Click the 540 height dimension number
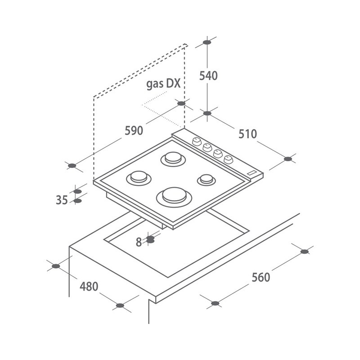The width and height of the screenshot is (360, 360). (208, 76)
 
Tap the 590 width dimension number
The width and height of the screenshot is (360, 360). (134, 130)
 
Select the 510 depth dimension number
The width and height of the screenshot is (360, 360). (247, 134)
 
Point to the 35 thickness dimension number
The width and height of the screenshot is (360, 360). (62, 200)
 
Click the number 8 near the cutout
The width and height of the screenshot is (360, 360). (139, 242)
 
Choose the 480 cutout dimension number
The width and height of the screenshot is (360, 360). (89, 286)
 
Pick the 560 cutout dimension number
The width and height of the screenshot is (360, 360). (261, 277)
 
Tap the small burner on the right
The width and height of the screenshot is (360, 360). (207, 180)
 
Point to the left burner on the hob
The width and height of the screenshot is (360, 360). (138, 177)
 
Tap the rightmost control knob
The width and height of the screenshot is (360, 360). (229, 158)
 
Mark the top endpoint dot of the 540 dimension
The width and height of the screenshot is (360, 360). (207, 42)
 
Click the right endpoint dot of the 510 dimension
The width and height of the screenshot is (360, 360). (288, 158)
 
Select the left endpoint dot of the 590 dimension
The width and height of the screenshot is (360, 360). (72, 166)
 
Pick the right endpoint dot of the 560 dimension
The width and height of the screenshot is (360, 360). (305, 251)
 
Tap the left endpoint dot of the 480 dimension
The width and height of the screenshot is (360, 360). (56, 266)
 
